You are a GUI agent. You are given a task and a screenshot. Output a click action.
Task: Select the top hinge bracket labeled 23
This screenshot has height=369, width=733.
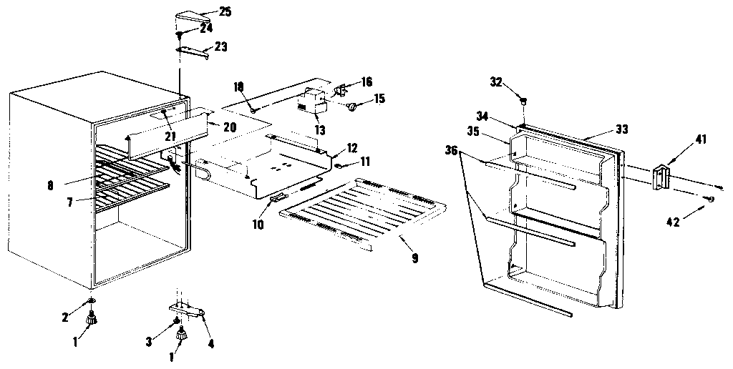tap(192, 49)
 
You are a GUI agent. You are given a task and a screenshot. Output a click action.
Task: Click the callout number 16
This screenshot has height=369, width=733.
tap(366, 82)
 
